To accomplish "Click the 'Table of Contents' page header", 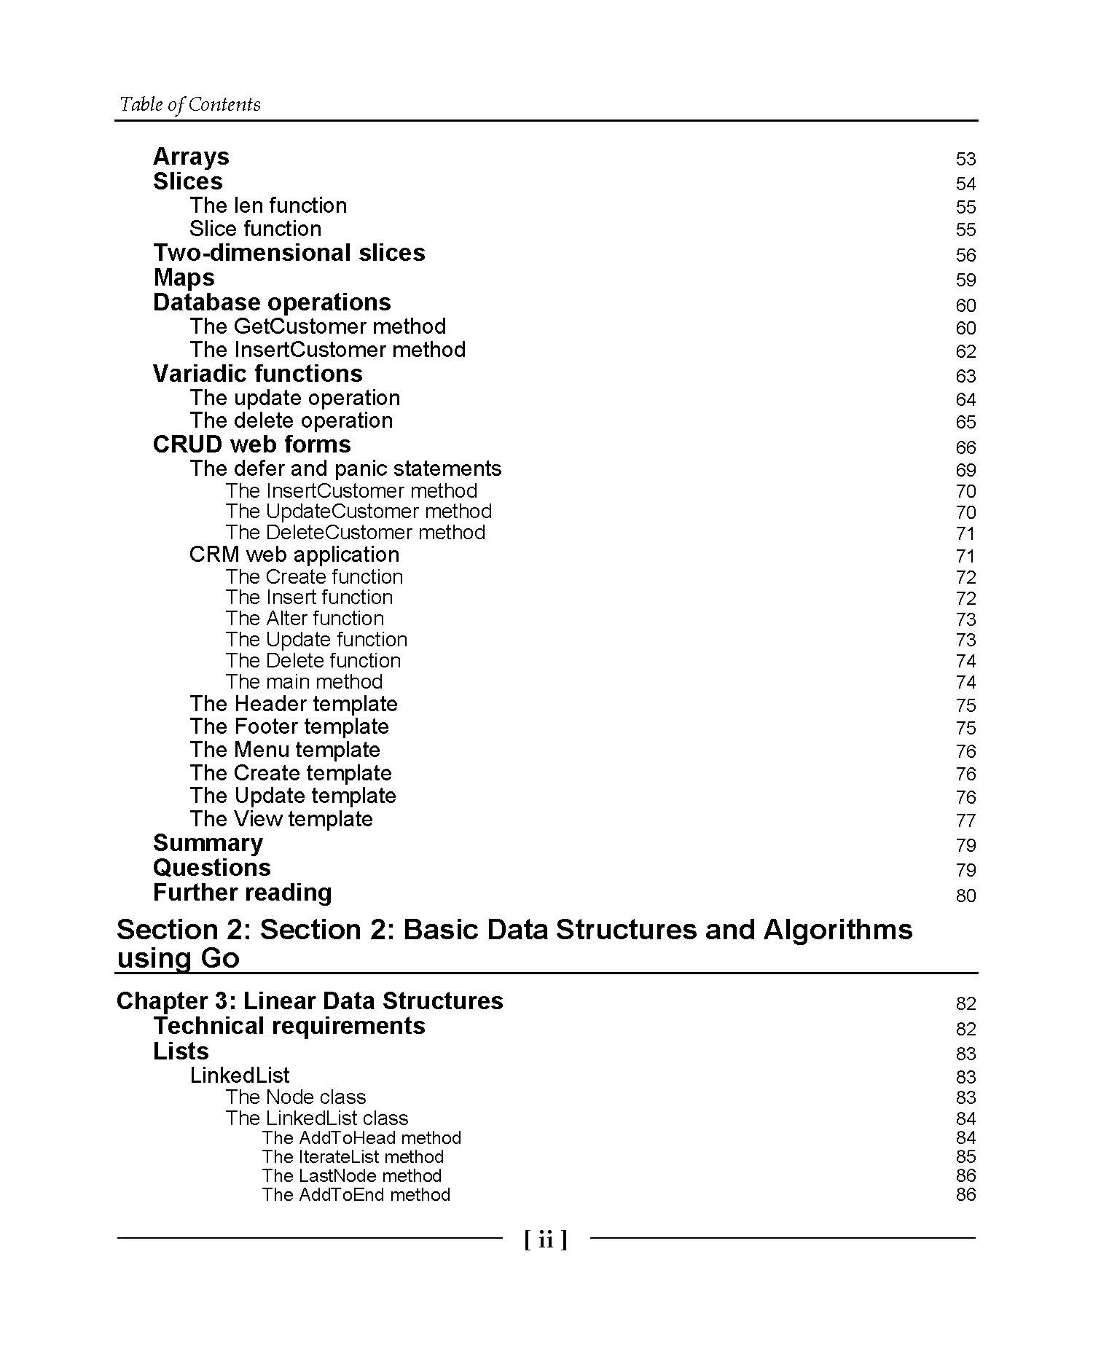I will point(189,104).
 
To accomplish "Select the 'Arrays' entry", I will point(191,157).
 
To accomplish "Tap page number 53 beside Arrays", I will point(965,159).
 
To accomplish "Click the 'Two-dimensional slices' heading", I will point(289,253).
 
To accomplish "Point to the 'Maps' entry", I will point(184,278).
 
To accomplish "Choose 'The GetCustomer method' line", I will point(317,326).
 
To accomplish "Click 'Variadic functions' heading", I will point(257,374).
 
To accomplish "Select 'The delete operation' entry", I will point(291,420).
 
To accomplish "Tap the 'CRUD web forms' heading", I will point(251,444).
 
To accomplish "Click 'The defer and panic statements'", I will point(345,469).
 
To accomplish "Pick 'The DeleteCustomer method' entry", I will point(355,532).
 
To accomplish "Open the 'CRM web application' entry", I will point(294,555).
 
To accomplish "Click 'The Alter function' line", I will point(305,618).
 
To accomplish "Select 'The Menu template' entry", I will point(284,750).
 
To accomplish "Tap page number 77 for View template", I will point(965,820).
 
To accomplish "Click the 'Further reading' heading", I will point(242,893).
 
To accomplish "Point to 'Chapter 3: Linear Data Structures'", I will point(309,1000).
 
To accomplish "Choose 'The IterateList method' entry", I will point(353,1156).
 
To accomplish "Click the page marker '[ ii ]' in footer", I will point(545,1239).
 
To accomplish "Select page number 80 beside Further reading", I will point(965,896).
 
